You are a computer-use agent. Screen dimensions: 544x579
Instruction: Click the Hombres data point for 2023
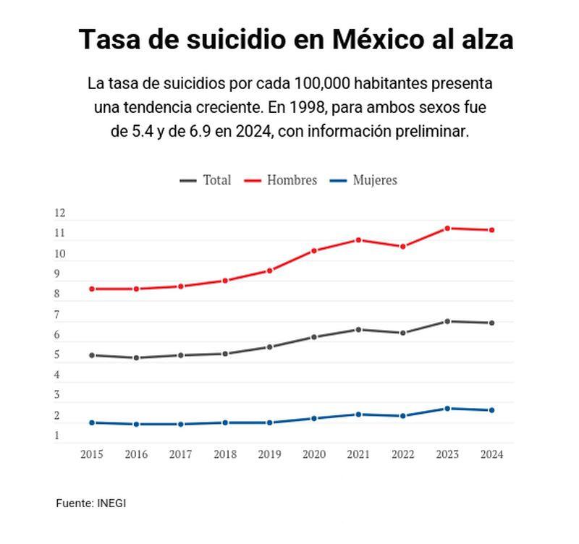tap(447, 229)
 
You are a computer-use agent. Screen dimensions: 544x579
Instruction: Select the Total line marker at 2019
tap(269, 347)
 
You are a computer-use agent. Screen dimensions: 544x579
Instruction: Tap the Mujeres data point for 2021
tap(358, 415)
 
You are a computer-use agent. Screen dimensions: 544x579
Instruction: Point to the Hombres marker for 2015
tap(91, 289)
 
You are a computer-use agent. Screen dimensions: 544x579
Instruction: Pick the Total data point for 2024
tap(492, 323)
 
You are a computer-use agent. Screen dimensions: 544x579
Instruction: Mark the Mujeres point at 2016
tap(136, 425)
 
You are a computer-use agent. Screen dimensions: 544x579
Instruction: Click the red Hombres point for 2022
tap(403, 247)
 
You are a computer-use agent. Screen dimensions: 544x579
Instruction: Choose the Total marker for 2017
tap(180, 355)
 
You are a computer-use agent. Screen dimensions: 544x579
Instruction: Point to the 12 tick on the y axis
tap(59, 213)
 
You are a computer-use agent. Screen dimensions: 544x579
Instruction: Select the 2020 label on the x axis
tap(313, 454)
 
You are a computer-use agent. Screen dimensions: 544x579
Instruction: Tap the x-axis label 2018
tap(225, 454)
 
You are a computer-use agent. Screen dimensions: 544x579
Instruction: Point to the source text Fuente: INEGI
tap(91, 503)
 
